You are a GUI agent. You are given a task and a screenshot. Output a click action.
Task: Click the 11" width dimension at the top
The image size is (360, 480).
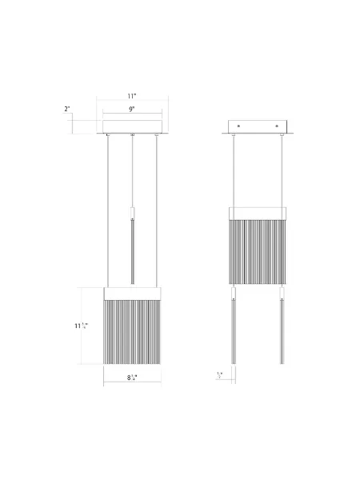click(x=133, y=95)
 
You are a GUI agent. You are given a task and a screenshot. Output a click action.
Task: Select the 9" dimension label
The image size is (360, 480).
click(x=133, y=109)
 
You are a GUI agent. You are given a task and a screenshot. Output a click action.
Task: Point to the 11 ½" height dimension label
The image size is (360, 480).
click(x=81, y=326)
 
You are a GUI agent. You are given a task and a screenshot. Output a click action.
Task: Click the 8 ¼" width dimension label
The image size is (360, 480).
click(x=133, y=376)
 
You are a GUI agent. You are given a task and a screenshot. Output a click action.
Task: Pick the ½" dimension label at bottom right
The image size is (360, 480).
click(x=220, y=374)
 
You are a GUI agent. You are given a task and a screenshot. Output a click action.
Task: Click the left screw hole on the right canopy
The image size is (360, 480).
click(x=240, y=126)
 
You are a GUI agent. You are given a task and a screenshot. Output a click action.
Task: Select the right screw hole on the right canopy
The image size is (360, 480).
click(x=278, y=126)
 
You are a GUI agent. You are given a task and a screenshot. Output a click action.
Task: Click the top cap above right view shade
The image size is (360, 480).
click(x=258, y=213)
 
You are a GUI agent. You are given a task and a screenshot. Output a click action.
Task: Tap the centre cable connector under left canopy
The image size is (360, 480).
click(x=132, y=138)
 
